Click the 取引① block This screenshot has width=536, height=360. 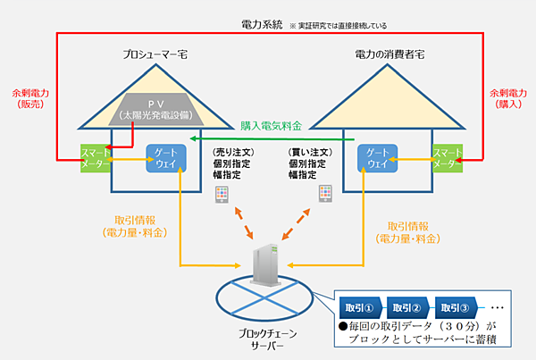point(364,308)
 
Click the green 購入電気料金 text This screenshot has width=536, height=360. point(272,128)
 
